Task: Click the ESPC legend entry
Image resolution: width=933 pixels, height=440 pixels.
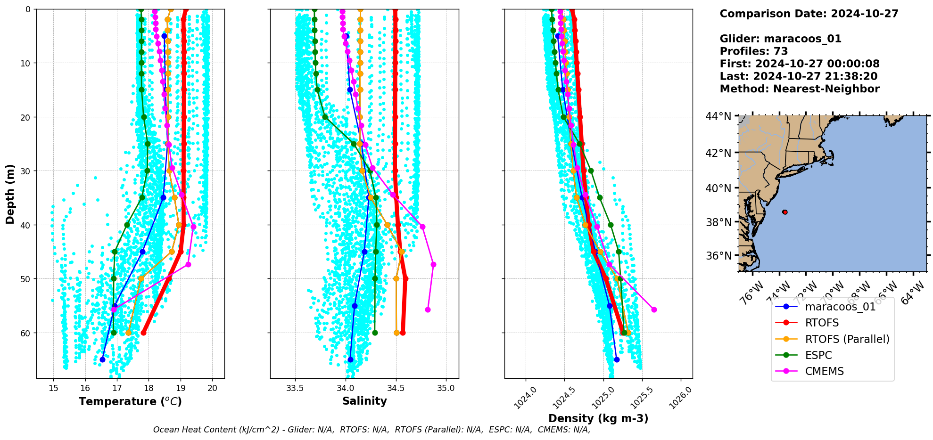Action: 818,355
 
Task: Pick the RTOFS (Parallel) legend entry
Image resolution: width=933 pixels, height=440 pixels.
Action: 847,339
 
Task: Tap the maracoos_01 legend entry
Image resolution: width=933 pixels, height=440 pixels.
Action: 840,307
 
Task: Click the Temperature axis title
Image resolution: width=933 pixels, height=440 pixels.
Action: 130,402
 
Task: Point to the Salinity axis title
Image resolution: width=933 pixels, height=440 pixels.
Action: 364,401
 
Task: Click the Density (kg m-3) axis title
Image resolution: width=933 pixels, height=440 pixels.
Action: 598,418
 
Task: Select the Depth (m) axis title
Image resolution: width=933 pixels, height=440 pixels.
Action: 10,194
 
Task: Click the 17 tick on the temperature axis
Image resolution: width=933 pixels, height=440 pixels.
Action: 117,388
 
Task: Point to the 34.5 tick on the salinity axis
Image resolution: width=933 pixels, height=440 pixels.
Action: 396,388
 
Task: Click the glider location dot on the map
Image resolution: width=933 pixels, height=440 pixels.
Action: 784,212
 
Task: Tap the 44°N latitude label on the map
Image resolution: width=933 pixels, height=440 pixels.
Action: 718,116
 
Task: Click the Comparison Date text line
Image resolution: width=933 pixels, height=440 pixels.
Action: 809,14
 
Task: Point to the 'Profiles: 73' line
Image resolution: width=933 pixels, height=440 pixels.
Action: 753,51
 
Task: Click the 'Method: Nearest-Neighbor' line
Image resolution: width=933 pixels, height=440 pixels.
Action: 800,89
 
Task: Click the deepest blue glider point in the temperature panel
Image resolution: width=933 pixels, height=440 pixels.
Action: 102,360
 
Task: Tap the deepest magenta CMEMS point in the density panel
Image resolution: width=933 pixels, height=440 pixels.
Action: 654,310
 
